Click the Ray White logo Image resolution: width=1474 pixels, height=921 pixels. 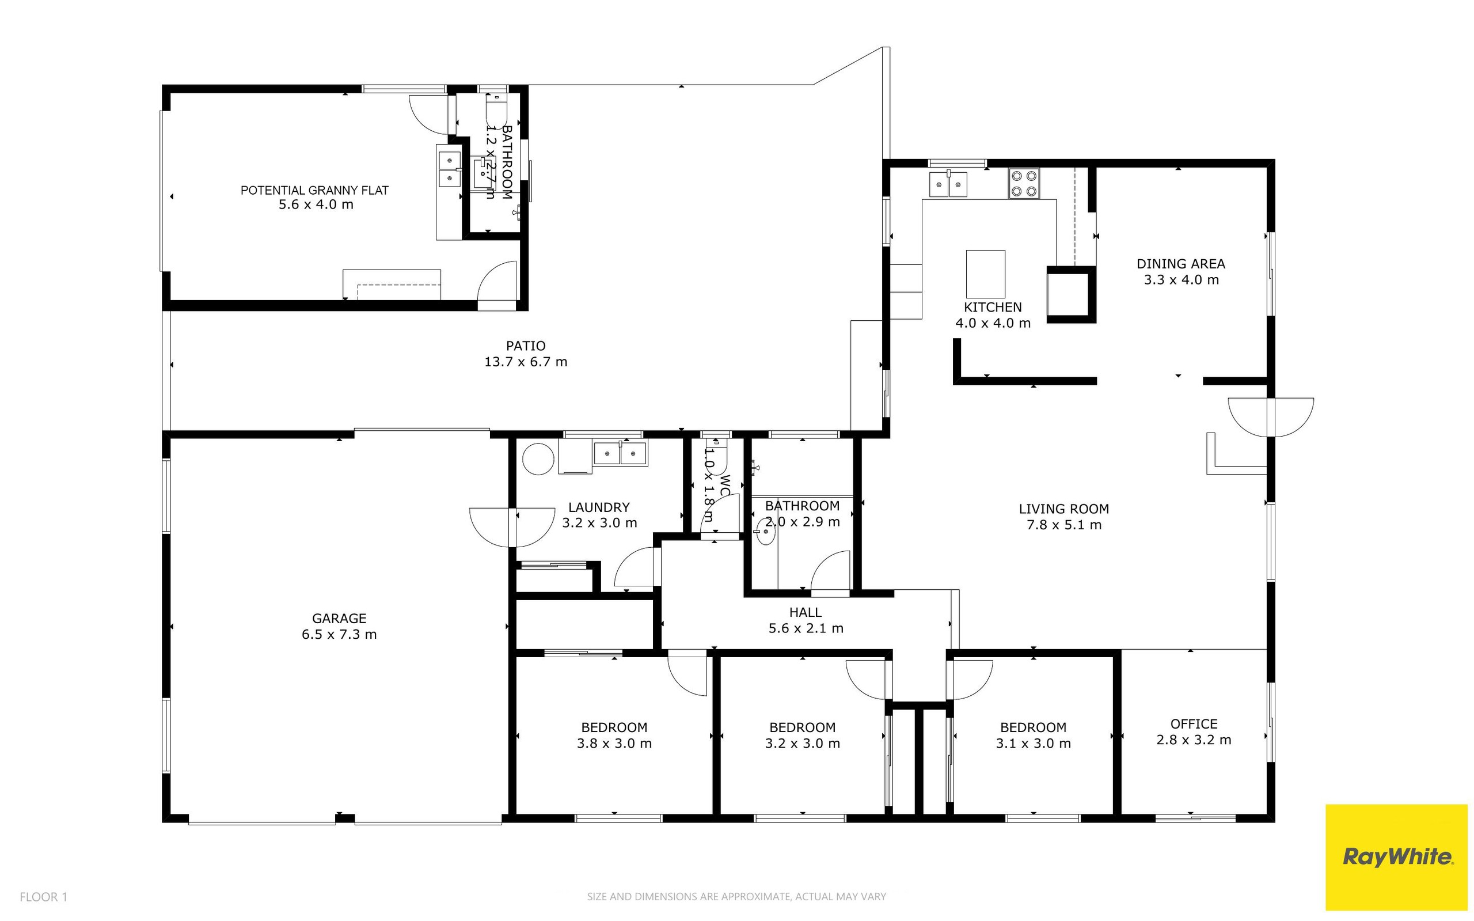pos(1397,857)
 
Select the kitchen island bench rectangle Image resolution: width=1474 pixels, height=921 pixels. pos(985,274)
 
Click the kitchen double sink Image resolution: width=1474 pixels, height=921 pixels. pos(948,184)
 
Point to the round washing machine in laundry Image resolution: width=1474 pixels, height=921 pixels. pos(539,458)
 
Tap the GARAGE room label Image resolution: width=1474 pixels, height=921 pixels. pos(339,626)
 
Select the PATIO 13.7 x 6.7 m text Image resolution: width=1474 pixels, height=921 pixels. pos(526,354)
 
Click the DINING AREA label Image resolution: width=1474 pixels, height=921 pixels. pos(1180,272)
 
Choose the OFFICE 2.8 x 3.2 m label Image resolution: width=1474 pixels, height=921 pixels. pos(1194,732)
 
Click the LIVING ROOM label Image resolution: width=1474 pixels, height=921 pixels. pos(1063,517)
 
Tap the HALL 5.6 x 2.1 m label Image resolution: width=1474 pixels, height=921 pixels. pos(806,620)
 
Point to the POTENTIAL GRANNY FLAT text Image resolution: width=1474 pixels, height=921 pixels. pos(315,197)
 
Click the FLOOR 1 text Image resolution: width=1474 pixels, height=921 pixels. pos(43,897)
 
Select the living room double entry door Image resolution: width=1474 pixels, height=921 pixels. pos(1271,416)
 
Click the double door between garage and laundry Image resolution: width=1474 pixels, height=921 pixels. pos(512,527)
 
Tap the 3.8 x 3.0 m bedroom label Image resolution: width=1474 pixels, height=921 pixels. pos(614,735)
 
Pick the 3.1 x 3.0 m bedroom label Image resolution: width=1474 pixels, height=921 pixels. pos(1032,735)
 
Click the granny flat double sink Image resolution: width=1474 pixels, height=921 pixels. pos(449,169)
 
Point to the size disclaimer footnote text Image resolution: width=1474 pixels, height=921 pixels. pos(736,897)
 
